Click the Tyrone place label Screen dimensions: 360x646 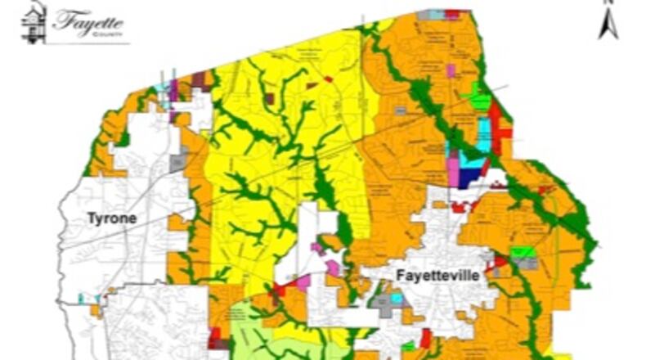[x=111, y=218]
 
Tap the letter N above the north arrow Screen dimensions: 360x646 [x=607, y=3]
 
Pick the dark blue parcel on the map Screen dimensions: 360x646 [x=469, y=174]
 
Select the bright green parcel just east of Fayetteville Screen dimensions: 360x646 [x=521, y=252]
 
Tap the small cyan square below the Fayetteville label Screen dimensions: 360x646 [x=397, y=299]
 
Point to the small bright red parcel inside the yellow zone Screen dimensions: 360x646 [x=329, y=79]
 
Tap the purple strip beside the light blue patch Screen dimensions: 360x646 [x=173, y=90]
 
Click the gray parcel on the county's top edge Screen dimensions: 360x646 [x=424, y=15]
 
